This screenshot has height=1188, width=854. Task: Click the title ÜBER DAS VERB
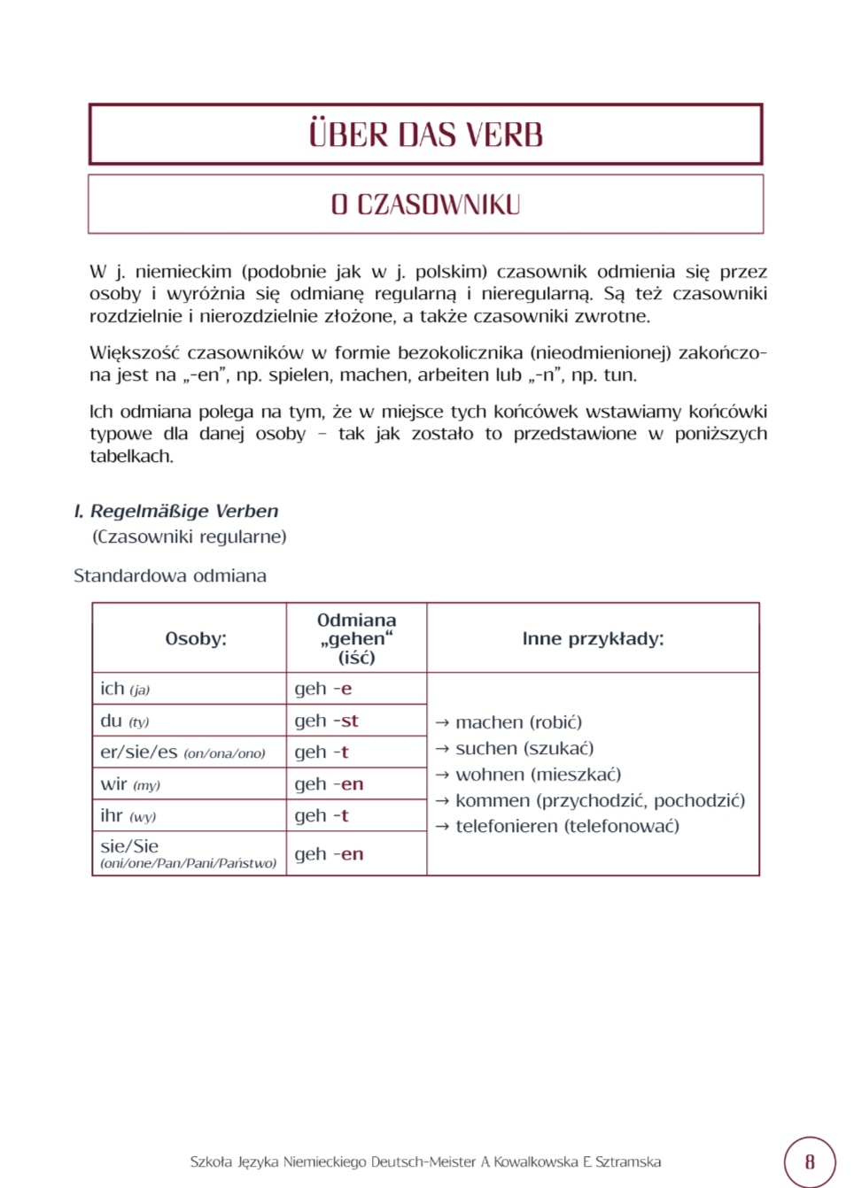[x=425, y=135]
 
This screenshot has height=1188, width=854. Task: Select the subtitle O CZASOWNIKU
[x=425, y=204]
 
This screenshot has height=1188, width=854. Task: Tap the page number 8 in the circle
[x=809, y=1161]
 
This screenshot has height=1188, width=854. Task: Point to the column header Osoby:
[x=196, y=638]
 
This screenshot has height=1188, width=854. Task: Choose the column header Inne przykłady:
[x=593, y=638]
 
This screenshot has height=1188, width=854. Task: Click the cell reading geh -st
[x=326, y=721]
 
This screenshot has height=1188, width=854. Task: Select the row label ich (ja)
[x=125, y=689]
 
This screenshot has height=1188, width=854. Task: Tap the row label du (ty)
[x=125, y=721]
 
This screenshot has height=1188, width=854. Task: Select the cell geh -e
[x=322, y=689]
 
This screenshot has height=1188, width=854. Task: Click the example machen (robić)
[x=518, y=722]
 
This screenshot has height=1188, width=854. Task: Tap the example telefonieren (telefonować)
[x=567, y=826]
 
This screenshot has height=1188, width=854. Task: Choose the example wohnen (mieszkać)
[x=538, y=775]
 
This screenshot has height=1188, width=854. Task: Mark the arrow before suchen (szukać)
[x=442, y=749]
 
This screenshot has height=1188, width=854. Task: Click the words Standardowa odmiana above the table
[x=170, y=575]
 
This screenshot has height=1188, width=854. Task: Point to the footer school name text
[x=425, y=1161]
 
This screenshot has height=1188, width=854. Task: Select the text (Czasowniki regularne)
[x=190, y=536]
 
